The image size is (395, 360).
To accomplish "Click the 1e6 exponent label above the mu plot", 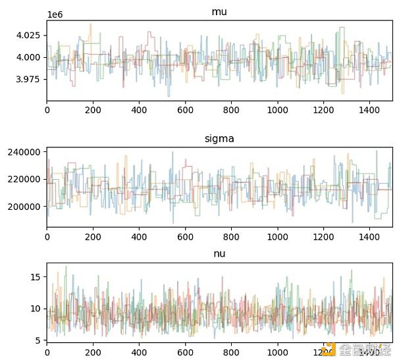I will pos(56,14).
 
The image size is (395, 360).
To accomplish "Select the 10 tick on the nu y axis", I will pos(37,309).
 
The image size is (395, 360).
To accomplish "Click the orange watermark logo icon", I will pos(329,349).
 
